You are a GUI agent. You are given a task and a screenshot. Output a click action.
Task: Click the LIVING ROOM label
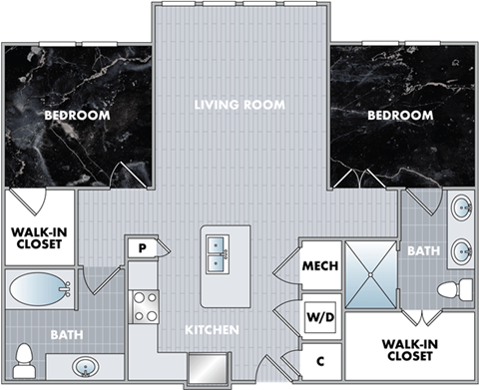tap(239, 104)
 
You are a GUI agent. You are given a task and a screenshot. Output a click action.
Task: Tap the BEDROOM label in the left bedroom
tap(77, 115)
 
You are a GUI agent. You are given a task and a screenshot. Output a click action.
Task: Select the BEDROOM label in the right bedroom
tap(400, 115)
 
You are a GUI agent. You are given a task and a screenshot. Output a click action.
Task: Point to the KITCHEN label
tap(212, 329)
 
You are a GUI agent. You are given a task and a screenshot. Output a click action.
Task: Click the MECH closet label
tap(320, 267)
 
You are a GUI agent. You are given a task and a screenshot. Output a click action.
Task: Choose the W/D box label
tap(320, 319)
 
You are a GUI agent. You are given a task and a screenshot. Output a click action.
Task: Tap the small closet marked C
tap(320, 361)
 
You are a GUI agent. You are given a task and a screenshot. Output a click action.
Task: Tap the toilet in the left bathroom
tap(25, 357)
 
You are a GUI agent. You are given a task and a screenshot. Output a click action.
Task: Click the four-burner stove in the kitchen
tap(146, 305)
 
